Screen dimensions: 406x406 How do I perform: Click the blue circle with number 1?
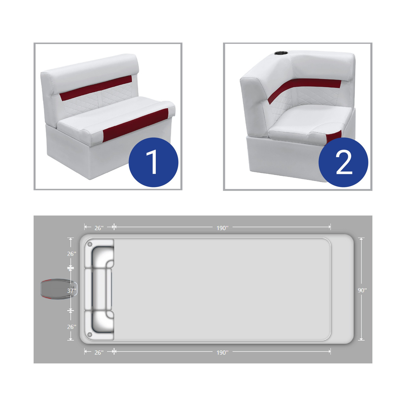154,162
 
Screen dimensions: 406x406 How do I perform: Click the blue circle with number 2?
343,162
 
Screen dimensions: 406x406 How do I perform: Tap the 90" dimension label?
362,290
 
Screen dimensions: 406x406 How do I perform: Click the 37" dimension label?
71,291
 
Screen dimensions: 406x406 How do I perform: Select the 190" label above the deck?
222,228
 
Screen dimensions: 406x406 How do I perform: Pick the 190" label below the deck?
222,353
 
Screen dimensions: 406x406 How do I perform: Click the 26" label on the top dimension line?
99,228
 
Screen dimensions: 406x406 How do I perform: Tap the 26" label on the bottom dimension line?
99,353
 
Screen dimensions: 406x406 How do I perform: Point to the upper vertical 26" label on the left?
72,254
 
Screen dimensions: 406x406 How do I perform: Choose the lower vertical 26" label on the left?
72,327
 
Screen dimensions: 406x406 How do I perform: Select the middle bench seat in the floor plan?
99,289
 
